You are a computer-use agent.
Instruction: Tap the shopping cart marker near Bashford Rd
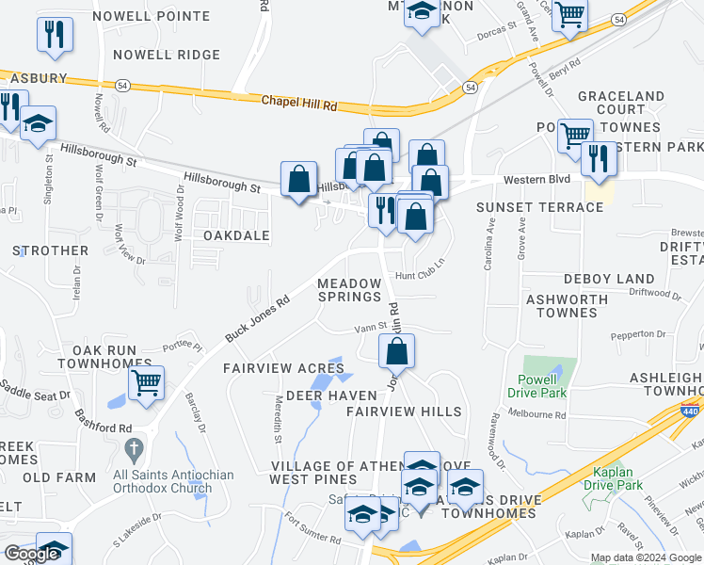[146, 384]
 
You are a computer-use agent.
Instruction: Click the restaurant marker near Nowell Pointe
[55, 35]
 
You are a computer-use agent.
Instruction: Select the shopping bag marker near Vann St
[397, 352]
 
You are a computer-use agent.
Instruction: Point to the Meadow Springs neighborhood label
[349, 290]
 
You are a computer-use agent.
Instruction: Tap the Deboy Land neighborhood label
[609, 279]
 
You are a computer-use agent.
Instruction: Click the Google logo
[32, 554]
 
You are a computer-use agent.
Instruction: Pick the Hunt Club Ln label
[419, 276]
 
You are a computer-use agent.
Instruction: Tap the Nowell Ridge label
[167, 56]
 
